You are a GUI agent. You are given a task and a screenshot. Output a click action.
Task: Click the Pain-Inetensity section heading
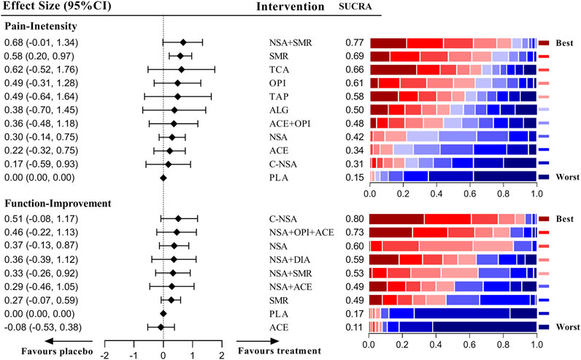[x=41, y=26]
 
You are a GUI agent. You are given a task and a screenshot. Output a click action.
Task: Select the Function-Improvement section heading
[x=58, y=204]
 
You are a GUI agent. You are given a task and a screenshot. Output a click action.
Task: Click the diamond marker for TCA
[x=181, y=69]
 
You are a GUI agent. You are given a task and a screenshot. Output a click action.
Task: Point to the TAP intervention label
[x=279, y=97]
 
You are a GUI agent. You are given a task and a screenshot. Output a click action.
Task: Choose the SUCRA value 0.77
[x=355, y=42]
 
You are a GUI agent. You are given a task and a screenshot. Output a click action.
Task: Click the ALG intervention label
[x=279, y=110]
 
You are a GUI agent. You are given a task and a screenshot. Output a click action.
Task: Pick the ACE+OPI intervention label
[x=290, y=123]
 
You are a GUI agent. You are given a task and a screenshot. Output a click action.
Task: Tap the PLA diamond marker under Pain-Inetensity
[x=163, y=178]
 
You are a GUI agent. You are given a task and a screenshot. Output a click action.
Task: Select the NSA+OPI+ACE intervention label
[x=301, y=232]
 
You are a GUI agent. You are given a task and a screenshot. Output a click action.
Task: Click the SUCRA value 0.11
[x=355, y=327]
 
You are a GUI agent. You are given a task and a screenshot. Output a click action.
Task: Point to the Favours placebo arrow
[x=69, y=341]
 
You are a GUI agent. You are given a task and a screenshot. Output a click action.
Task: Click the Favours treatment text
[x=280, y=351]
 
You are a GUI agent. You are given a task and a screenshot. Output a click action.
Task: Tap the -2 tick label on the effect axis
[x=104, y=356]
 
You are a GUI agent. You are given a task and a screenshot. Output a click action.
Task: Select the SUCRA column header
[x=355, y=7]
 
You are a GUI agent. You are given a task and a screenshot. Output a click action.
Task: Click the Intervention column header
[x=290, y=7]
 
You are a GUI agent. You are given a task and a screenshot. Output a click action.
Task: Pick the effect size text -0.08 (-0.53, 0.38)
[x=43, y=327]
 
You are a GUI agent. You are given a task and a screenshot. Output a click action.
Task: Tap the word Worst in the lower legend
[x=568, y=327]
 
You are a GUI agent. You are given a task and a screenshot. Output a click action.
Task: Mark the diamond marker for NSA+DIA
[x=174, y=259]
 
